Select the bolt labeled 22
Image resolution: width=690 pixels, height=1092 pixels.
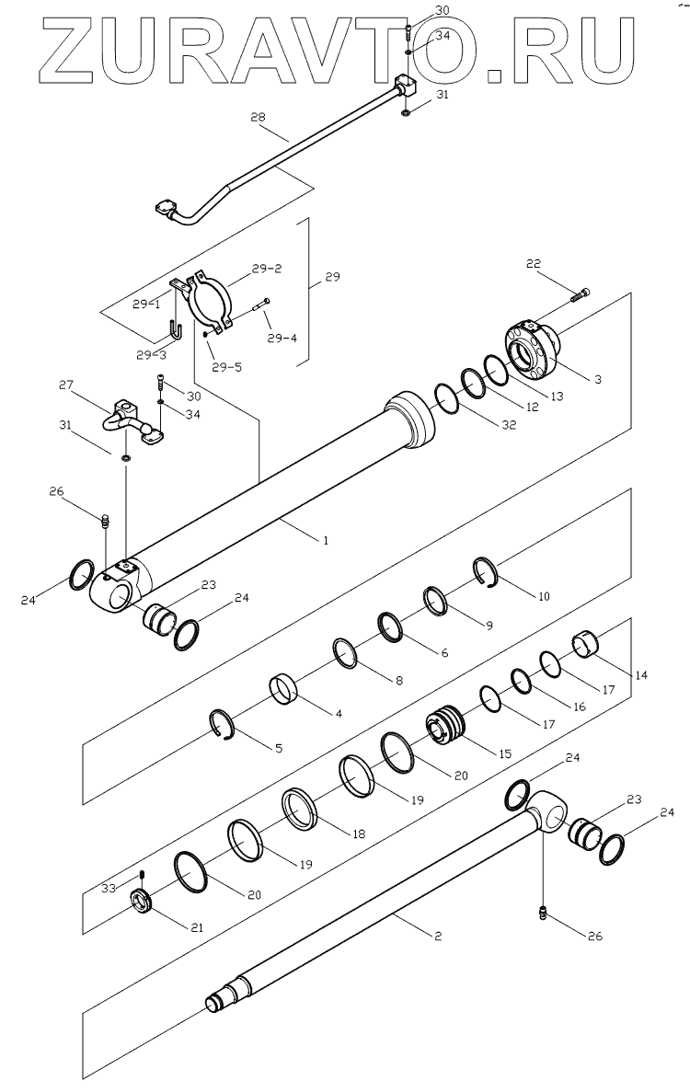pyautogui.click(x=580, y=295)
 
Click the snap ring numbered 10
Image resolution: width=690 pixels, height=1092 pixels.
pyautogui.click(x=489, y=571)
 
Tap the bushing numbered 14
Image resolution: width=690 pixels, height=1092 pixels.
pyautogui.click(x=586, y=643)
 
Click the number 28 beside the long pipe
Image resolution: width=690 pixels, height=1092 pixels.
pyautogui.click(x=257, y=117)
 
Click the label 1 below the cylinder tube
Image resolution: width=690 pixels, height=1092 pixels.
pyautogui.click(x=326, y=540)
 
